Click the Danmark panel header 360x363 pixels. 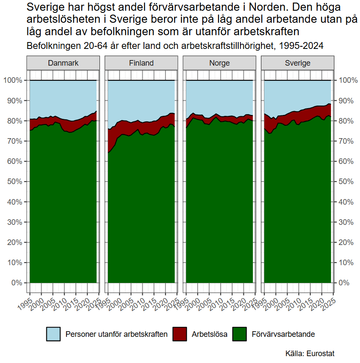(63, 63)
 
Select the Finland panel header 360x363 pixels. (141, 63)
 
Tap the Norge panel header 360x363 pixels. (219, 63)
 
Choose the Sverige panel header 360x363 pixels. (297, 63)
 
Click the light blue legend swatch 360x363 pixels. (54, 334)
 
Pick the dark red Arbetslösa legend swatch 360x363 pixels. (180, 334)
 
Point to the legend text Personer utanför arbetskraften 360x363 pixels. (116, 334)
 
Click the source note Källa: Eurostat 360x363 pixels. (309, 354)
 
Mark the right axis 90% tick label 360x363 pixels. (348, 101)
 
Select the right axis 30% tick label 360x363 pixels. (348, 222)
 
